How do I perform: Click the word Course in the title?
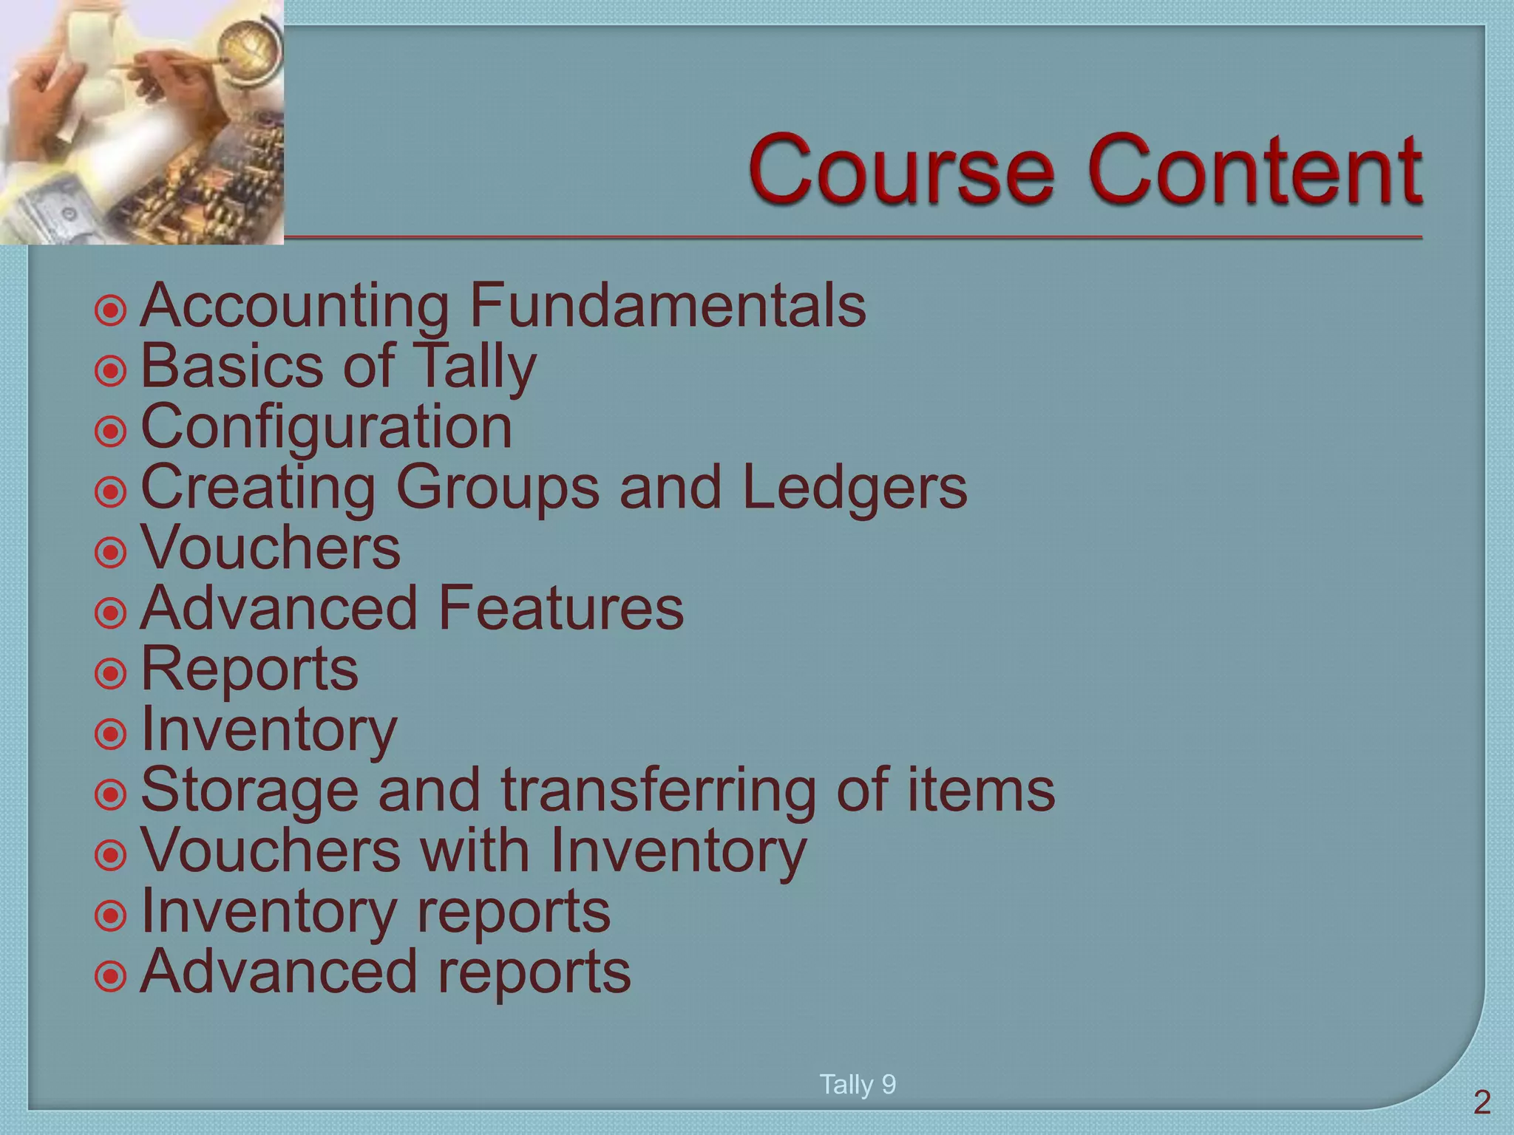pyautogui.click(x=901, y=171)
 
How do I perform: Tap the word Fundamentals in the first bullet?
pyautogui.click(x=668, y=306)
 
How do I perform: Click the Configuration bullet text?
pyautogui.click(x=326, y=427)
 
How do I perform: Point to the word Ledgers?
pyautogui.click(x=854, y=488)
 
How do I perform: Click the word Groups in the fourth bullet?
pyautogui.click(x=497, y=489)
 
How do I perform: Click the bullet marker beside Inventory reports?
pyautogui.click(x=111, y=916)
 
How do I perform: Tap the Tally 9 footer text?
pyautogui.click(x=858, y=1085)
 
